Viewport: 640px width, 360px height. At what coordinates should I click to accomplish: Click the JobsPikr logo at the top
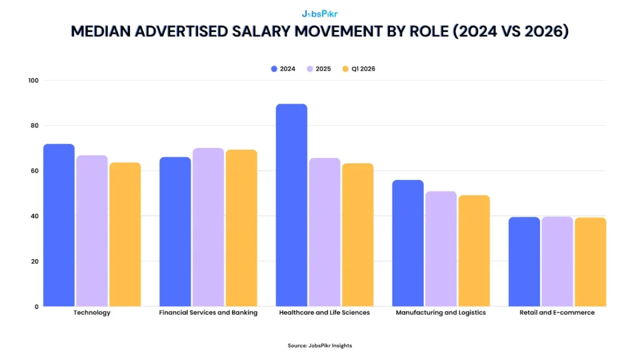click(319, 12)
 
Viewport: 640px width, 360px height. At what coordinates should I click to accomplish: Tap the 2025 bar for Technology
click(92, 231)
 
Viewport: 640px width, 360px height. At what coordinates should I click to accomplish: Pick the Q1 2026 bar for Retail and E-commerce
click(590, 262)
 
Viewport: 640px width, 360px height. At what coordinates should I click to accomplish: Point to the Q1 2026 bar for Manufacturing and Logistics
click(474, 251)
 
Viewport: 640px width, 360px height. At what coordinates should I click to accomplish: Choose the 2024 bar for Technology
click(59, 225)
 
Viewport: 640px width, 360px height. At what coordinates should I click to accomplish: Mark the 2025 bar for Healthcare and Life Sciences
click(324, 232)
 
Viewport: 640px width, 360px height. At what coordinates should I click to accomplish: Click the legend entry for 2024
click(283, 69)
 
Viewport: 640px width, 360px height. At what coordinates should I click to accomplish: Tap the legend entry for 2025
click(318, 69)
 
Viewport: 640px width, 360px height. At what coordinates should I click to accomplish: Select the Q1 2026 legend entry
click(358, 69)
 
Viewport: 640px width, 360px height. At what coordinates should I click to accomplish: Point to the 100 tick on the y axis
click(33, 81)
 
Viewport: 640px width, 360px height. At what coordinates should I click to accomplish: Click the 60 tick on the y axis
click(35, 171)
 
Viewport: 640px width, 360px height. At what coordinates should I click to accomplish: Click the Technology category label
click(92, 312)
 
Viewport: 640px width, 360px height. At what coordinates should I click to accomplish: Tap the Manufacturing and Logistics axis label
click(441, 312)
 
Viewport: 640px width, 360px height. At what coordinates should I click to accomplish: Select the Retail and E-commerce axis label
click(557, 312)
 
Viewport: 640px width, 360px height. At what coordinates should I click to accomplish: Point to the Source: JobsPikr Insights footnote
click(319, 346)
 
